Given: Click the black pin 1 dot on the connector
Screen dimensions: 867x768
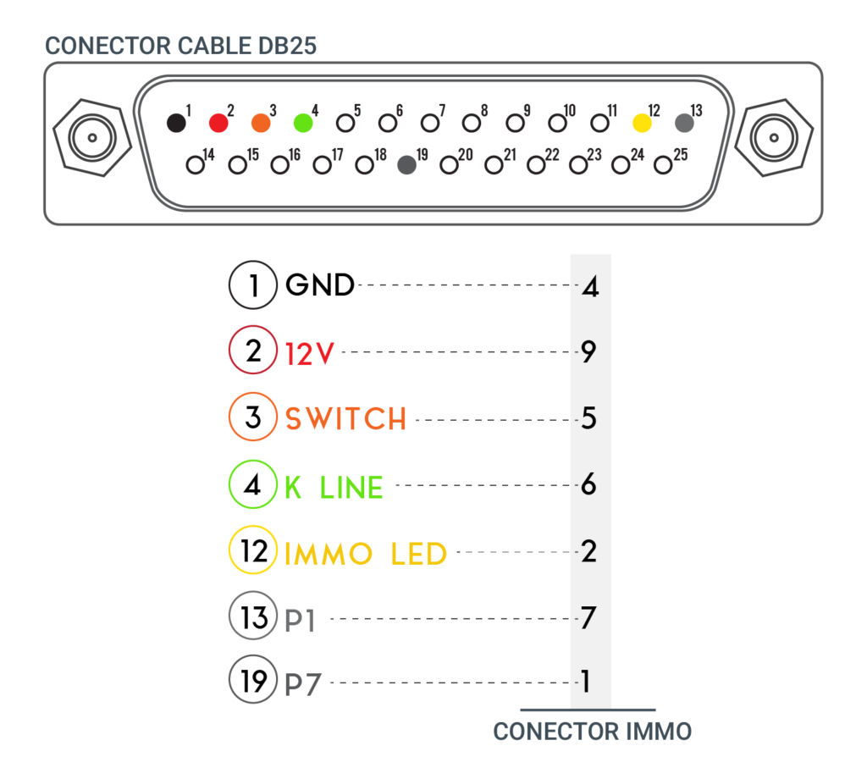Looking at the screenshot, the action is tap(176, 123).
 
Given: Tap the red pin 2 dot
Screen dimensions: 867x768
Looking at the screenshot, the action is tap(218, 123).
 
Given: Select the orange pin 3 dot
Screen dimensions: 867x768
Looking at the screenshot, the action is tap(261, 123).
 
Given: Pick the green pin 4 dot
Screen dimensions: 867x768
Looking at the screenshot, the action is tap(303, 123).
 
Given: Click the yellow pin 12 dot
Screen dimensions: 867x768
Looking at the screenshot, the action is tap(642, 123).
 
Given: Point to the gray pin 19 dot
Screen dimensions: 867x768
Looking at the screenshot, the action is tap(407, 165).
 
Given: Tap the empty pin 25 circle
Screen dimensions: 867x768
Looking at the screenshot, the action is tap(662, 165).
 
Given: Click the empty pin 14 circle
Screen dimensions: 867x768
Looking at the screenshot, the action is tap(196, 165).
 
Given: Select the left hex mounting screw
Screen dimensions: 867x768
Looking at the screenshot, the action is tap(92, 138).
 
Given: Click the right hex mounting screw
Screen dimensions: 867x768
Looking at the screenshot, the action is tap(774, 138).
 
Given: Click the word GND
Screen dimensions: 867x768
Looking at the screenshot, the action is tap(319, 285).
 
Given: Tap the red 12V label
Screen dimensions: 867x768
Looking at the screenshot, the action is tap(310, 353).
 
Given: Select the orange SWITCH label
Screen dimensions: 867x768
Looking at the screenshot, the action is tap(345, 418).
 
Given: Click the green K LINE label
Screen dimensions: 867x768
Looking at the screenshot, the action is tap(334, 487).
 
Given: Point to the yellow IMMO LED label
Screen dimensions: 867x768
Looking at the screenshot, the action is tap(366, 554).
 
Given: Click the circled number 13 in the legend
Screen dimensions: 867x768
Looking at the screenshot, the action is tap(253, 616).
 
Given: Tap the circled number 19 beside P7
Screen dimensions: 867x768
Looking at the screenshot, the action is tap(253, 679).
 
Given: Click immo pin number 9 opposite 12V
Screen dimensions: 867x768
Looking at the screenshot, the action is tap(588, 351).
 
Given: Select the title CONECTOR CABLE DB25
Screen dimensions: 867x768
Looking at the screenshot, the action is tap(181, 46).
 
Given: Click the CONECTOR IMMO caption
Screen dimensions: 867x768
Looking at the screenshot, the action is tap(592, 732).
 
